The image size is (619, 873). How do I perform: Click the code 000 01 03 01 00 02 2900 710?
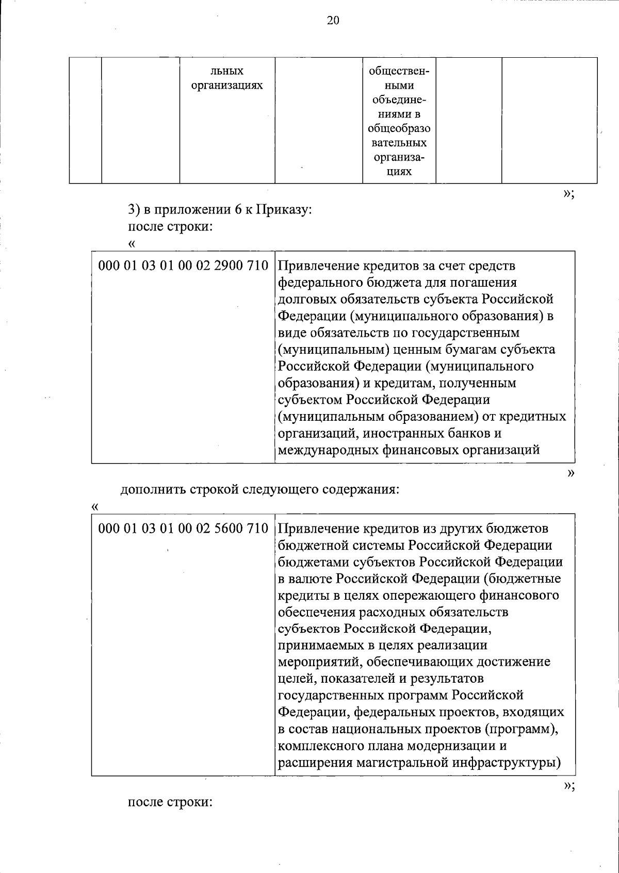pos(183,266)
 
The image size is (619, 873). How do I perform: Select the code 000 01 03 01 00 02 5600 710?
pos(183,529)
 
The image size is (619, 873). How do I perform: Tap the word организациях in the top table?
pos(227,85)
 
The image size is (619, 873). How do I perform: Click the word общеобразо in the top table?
pos(399,128)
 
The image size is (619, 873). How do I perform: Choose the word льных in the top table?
pos(227,71)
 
